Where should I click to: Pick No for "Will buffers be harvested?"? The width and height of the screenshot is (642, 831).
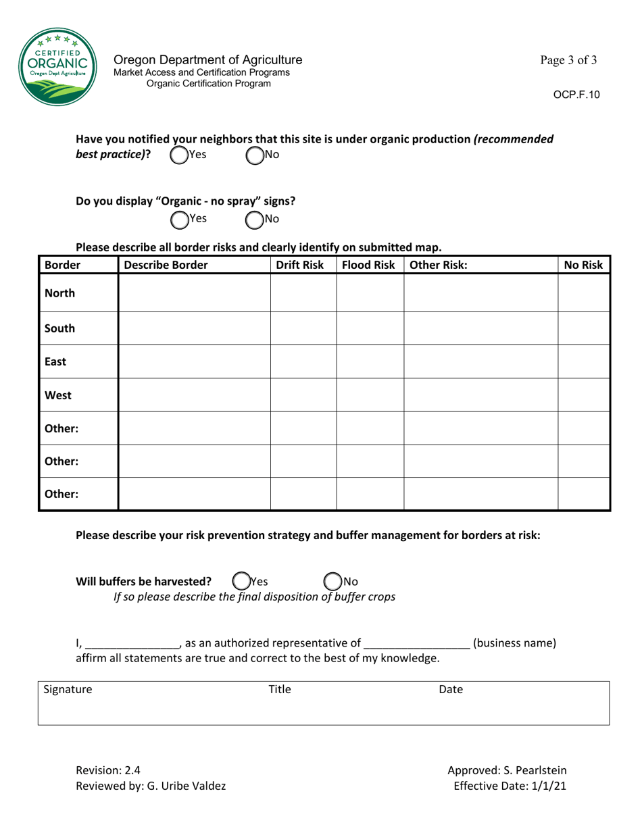point(332,581)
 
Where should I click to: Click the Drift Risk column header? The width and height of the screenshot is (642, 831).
point(303,266)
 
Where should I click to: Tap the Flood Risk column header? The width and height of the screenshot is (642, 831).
point(369,266)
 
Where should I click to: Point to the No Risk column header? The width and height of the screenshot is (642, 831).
point(583,266)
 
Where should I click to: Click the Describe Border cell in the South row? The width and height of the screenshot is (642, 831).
point(194,328)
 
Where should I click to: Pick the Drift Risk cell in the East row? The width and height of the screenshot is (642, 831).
point(303,361)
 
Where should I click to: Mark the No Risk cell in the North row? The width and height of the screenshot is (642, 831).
point(583,295)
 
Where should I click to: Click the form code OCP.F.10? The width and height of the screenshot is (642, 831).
point(576,95)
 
